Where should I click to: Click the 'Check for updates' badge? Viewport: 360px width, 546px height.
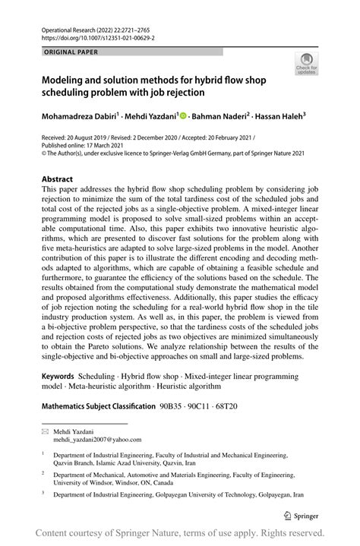coord(308,65)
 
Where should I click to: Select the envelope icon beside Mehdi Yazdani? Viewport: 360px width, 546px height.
coord(46,431)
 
